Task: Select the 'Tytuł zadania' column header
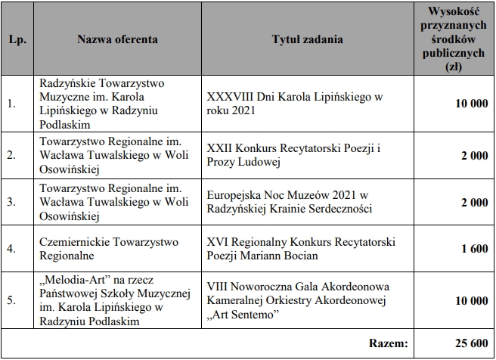pos(306,39)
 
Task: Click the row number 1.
pos(11,104)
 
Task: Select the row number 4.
pos(11,249)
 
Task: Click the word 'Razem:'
pos(389,344)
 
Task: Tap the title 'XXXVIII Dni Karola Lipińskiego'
pos(295,98)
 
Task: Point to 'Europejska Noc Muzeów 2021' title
pos(287,195)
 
